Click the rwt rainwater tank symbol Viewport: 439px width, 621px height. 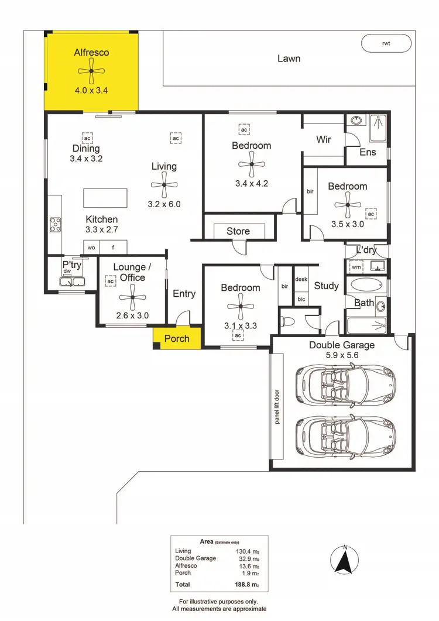[x=386, y=43]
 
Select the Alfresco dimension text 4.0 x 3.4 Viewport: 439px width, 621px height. [x=91, y=90]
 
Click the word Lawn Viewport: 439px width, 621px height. [x=289, y=58]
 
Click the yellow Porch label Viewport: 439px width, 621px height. [x=177, y=338]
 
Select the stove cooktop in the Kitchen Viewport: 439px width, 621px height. [x=56, y=225]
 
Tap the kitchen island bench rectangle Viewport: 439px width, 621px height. [x=105, y=197]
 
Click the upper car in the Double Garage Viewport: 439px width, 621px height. [x=345, y=385]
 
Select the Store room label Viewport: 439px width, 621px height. [x=238, y=231]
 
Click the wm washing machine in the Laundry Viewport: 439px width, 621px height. [x=356, y=267]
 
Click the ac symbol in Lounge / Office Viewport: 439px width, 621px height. [x=110, y=282]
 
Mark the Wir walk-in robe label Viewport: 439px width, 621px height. [x=324, y=140]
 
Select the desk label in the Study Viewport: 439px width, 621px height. [x=301, y=280]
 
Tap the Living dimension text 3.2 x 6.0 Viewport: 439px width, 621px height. [x=164, y=204]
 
